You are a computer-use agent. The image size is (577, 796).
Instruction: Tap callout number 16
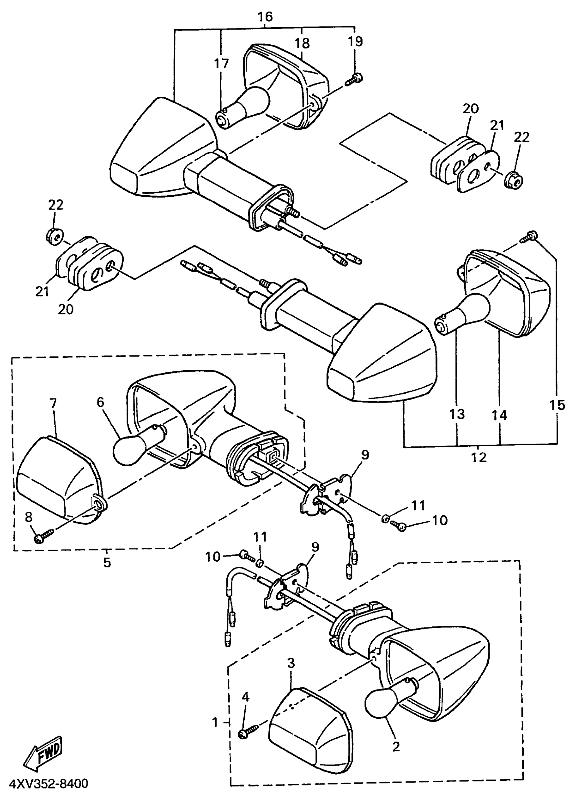(x=265, y=17)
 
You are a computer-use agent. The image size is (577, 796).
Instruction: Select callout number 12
(x=479, y=457)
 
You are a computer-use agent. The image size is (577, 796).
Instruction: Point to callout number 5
(x=107, y=562)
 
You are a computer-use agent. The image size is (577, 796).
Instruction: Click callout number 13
(x=457, y=414)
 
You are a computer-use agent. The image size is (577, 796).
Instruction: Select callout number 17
(x=222, y=63)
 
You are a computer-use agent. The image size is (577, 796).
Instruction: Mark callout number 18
(x=302, y=43)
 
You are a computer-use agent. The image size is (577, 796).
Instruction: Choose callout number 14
(x=499, y=415)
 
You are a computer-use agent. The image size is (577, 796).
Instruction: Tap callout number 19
(x=355, y=41)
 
